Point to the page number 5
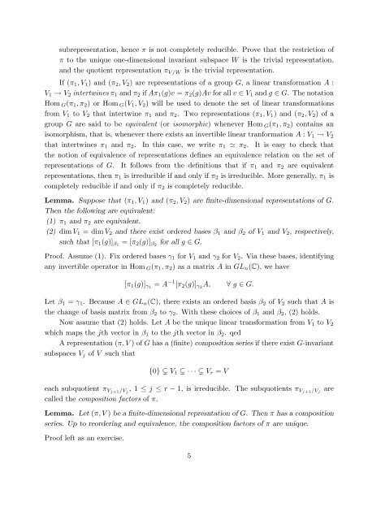point(184,500)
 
